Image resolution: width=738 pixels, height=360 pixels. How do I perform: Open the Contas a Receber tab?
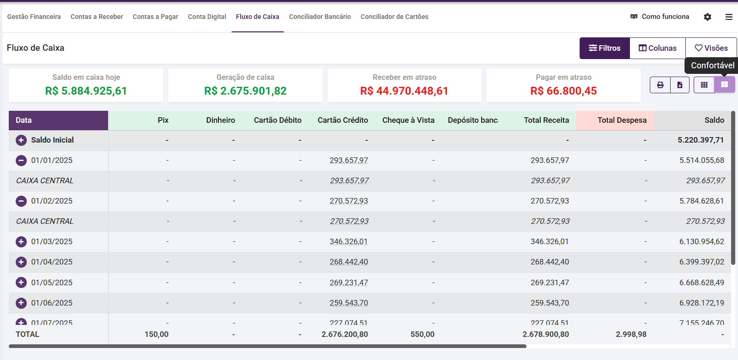(97, 17)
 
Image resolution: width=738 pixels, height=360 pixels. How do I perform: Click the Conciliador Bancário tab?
(320, 17)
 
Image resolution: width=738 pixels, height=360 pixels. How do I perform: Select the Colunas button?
(657, 48)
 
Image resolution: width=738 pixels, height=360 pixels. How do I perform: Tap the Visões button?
(711, 48)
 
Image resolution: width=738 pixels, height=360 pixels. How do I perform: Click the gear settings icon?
(707, 17)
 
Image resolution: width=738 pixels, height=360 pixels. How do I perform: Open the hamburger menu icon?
(729, 17)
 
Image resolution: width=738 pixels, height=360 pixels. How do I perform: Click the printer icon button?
(660, 85)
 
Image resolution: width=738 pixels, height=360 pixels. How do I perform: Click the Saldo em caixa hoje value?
(86, 91)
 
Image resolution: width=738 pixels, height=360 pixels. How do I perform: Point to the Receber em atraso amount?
(404, 91)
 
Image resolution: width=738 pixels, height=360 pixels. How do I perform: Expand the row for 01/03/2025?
(21, 242)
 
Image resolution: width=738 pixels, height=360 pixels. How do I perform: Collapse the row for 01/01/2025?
(21, 161)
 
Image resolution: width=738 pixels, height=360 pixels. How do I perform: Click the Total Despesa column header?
(622, 120)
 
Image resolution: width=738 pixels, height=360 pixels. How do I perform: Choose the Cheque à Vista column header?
(408, 120)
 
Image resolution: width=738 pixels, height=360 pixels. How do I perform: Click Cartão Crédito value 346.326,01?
(349, 242)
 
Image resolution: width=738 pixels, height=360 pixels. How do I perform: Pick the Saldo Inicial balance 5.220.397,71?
(701, 140)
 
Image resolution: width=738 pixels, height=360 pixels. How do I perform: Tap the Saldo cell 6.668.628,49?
(702, 282)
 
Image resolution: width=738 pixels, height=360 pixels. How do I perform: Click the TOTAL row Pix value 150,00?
(157, 334)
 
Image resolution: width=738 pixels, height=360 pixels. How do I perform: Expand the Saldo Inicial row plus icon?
(21, 140)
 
